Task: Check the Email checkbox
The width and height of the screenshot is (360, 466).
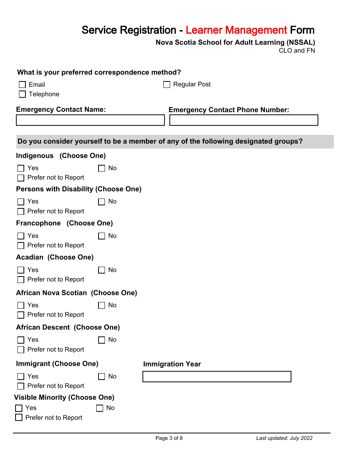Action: [x=22, y=85]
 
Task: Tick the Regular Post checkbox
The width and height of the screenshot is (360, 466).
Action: [x=167, y=85]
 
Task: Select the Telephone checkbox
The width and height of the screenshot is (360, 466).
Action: [x=22, y=94]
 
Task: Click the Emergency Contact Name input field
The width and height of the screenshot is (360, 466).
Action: [x=90, y=120]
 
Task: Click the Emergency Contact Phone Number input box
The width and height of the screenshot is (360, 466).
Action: [x=244, y=120]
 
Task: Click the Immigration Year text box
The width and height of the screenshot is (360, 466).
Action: [x=217, y=377]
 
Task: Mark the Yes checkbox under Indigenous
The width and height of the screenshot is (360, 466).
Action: [x=21, y=168]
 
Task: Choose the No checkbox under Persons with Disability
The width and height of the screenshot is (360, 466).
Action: [x=102, y=202]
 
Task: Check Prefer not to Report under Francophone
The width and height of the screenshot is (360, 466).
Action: [x=21, y=246]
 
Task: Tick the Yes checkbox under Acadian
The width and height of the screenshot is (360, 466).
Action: [x=21, y=270]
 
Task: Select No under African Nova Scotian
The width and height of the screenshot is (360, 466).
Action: [x=102, y=305]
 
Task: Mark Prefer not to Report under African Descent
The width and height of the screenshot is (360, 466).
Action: [x=21, y=350]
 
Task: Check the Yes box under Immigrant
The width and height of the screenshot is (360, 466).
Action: [x=21, y=377]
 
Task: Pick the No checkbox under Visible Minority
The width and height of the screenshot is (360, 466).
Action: [x=100, y=408]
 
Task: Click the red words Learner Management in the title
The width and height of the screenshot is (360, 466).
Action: [x=236, y=30]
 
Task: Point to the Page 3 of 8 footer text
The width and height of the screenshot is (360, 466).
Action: [x=169, y=438]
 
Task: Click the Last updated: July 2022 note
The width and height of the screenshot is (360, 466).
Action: [x=284, y=438]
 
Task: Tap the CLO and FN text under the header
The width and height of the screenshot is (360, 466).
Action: [x=297, y=51]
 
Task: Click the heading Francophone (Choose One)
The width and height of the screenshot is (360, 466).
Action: [x=64, y=223]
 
